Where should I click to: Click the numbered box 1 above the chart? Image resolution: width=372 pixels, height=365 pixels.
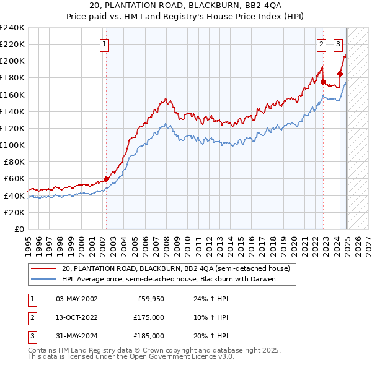click(x=104, y=44)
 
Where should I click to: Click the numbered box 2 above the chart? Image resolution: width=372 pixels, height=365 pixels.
click(x=322, y=44)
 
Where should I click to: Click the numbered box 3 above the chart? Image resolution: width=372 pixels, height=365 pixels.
click(x=338, y=44)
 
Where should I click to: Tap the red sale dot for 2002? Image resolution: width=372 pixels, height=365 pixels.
click(x=106, y=179)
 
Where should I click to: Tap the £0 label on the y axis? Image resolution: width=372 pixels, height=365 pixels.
click(x=19, y=229)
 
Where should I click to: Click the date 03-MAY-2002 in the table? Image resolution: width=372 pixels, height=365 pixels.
click(x=76, y=299)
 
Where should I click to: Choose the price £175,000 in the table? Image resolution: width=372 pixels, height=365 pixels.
click(x=149, y=318)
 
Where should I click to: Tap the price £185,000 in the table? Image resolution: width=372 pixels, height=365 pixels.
click(x=149, y=336)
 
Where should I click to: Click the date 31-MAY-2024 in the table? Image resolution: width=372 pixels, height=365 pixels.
click(x=76, y=336)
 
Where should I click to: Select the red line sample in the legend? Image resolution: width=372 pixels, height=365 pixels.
click(x=43, y=268)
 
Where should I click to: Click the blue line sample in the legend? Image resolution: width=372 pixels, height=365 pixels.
click(x=43, y=279)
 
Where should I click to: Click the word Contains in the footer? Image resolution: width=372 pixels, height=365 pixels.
click(x=43, y=350)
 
